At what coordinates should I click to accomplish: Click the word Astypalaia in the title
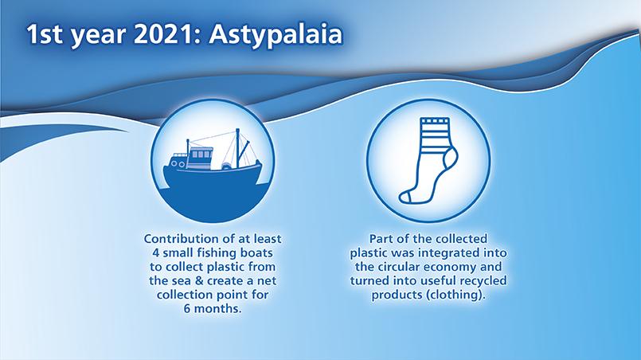point(276,35)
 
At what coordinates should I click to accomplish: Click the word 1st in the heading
point(45,34)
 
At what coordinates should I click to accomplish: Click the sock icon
point(428,160)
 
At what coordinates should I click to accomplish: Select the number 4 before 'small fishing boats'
point(155,252)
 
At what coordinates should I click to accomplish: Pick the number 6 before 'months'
point(187,309)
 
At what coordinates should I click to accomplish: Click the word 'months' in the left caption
point(217,309)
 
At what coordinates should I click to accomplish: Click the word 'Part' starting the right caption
point(380,239)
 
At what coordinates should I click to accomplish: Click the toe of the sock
point(405,198)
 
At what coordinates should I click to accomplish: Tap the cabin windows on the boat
point(201,155)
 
